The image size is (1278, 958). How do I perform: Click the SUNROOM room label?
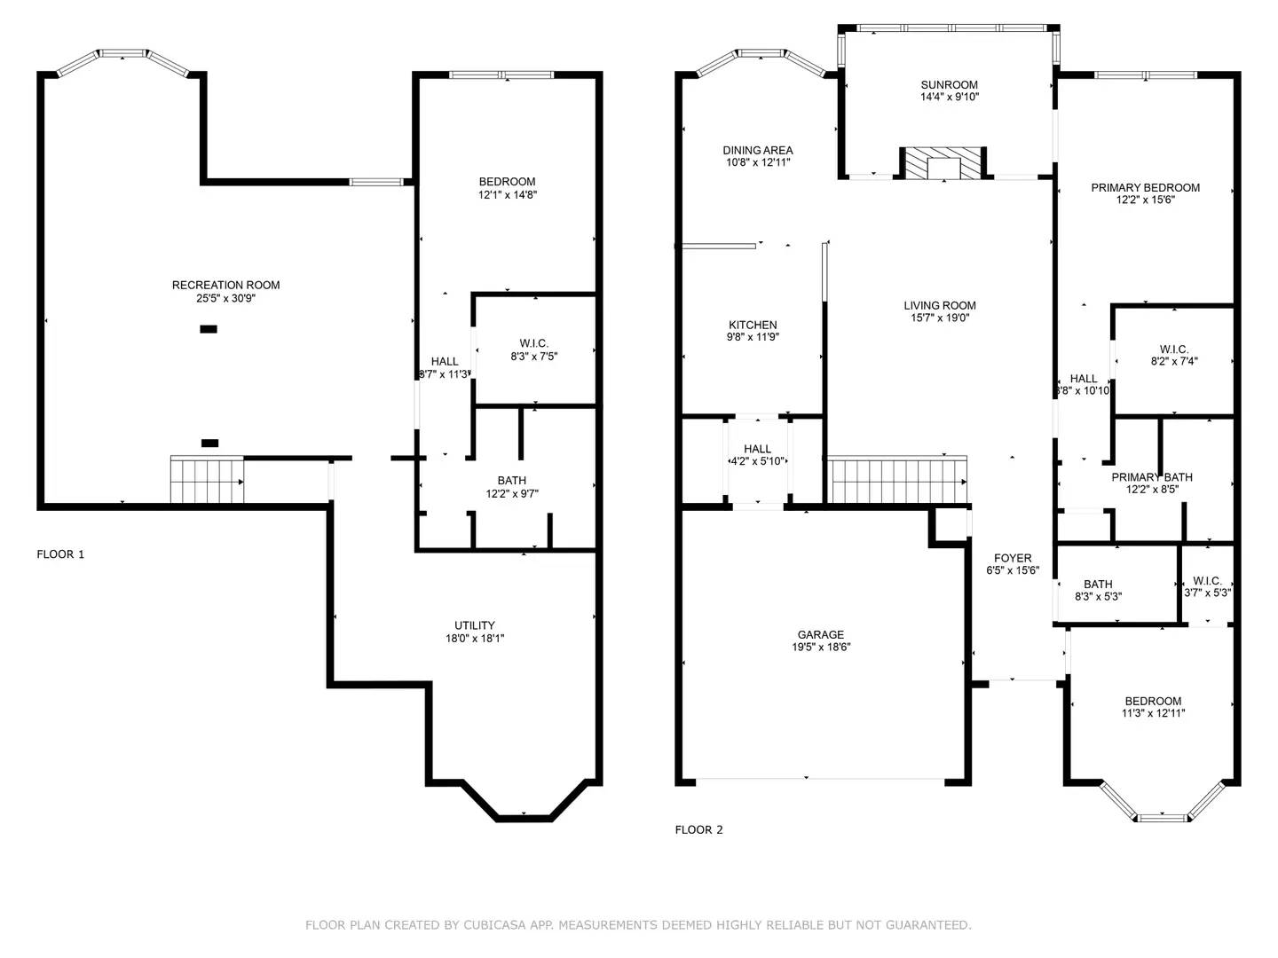pos(949,85)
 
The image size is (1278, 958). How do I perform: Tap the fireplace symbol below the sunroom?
pos(944,164)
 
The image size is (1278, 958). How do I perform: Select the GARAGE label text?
pos(820,634)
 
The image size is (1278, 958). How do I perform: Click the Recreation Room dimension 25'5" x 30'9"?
pos(225,299)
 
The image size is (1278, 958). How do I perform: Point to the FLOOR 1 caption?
pos(60,554)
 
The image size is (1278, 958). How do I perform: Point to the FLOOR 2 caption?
pos(698,830)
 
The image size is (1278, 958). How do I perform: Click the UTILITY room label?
pos(475,625)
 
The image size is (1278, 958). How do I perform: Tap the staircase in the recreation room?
pos(207,480)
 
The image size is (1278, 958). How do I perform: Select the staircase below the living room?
pos(896,480)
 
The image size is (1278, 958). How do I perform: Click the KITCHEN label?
pos(753,325)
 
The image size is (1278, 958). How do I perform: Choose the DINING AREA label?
pos(757,151)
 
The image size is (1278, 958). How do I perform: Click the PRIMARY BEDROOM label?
pos(1145,187)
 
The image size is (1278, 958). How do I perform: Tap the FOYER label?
pos(1013,558)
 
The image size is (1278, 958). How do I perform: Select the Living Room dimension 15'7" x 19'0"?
pos(940,318)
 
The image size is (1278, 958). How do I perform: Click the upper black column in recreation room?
pos(209,329)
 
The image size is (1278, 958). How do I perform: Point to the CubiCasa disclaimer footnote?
pos(638,925)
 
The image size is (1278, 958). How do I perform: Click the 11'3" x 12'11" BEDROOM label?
pos(1153,701)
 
